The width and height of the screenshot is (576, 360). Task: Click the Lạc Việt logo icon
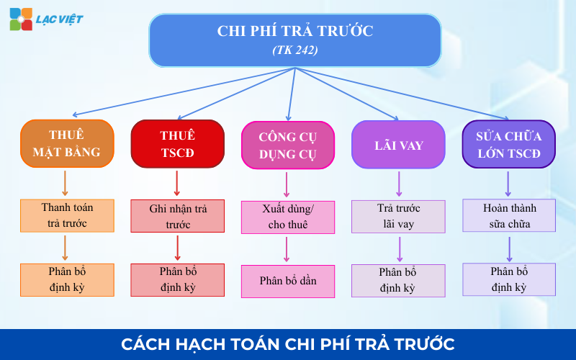point(21,19)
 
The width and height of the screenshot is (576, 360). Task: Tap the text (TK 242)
point(294,50)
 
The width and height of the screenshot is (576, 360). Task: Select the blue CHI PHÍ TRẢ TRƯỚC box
point(294,40)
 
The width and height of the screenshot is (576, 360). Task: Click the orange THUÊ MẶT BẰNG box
point(67,144)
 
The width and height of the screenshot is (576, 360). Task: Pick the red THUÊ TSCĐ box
point(177,144)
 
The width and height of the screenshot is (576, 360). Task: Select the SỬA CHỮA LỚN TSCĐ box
point(509,144)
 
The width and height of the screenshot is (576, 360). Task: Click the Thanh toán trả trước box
point(67,215)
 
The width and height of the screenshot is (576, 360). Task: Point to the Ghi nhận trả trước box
point(177,216)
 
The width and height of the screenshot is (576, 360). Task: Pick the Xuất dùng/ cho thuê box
point(288,217)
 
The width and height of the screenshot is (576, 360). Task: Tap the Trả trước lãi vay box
point(398,216)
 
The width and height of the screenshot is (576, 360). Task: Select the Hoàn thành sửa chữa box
point(509,215)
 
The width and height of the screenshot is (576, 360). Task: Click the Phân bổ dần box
point(288,281)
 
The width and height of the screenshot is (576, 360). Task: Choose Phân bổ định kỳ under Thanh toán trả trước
point(67,280)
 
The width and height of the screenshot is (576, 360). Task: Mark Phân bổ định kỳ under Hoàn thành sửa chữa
point(509,279)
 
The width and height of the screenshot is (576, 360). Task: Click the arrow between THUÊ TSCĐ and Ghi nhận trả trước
point(177,184)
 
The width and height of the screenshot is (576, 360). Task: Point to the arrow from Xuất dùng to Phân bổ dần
point(287,249)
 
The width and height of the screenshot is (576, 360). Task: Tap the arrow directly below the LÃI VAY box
point(399,184)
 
